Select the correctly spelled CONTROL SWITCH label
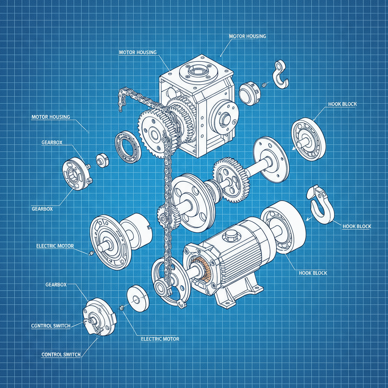(61, 354)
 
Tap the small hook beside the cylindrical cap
(281, 74)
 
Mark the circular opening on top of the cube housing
(198, 70)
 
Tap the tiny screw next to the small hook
(264, 84)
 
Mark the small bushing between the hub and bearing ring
(102, 160)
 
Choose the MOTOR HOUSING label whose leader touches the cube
(138, 52)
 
